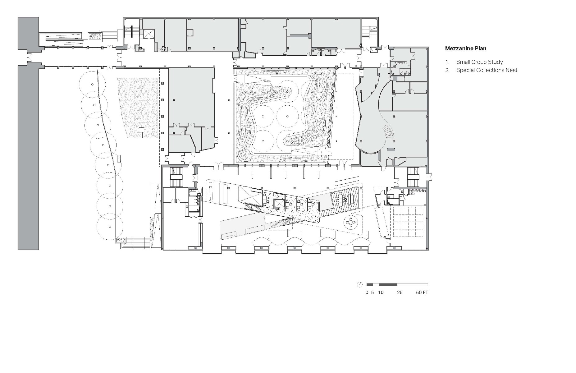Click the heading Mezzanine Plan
465,48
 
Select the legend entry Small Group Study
479,62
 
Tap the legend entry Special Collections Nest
487,70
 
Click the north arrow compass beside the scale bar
360,284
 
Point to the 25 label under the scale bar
400,292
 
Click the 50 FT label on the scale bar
422,292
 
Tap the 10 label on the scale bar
381,292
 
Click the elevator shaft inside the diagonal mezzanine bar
280,204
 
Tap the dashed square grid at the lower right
408,222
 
